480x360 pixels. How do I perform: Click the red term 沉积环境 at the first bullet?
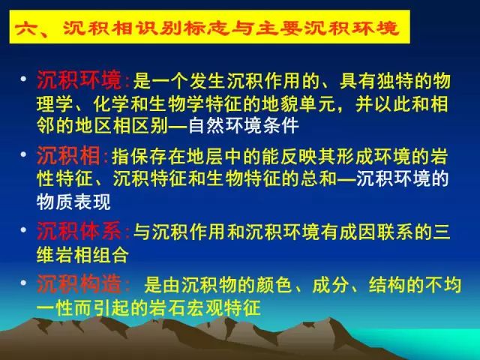[x=79, y=80]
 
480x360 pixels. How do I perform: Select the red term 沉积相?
[x=68, y=155]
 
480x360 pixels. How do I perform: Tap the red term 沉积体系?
[x=79, y=230]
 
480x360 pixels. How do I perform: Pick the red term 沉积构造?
[x=79, y=284]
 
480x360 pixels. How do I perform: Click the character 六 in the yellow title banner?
[x=25, y=28]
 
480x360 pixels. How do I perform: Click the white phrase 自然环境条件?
[x=244, y=125]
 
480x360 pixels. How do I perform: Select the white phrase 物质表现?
[x=73, y=202]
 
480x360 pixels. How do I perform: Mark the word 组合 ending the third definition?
[x=110, y=255]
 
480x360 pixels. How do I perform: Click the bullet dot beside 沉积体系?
[x=23, y=229]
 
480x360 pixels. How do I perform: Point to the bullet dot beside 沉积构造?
[x=23, y=283]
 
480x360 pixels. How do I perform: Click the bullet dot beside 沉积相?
[x=23, y=154]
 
